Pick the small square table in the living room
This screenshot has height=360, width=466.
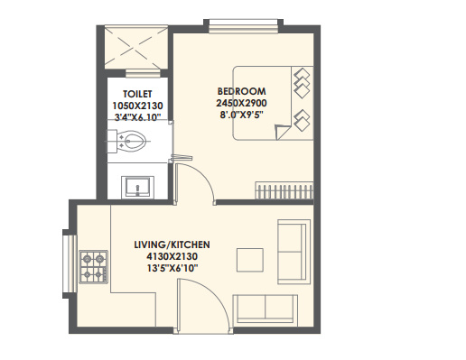tap(250, 259)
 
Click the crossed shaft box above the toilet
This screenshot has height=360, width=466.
tap(134, 46)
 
